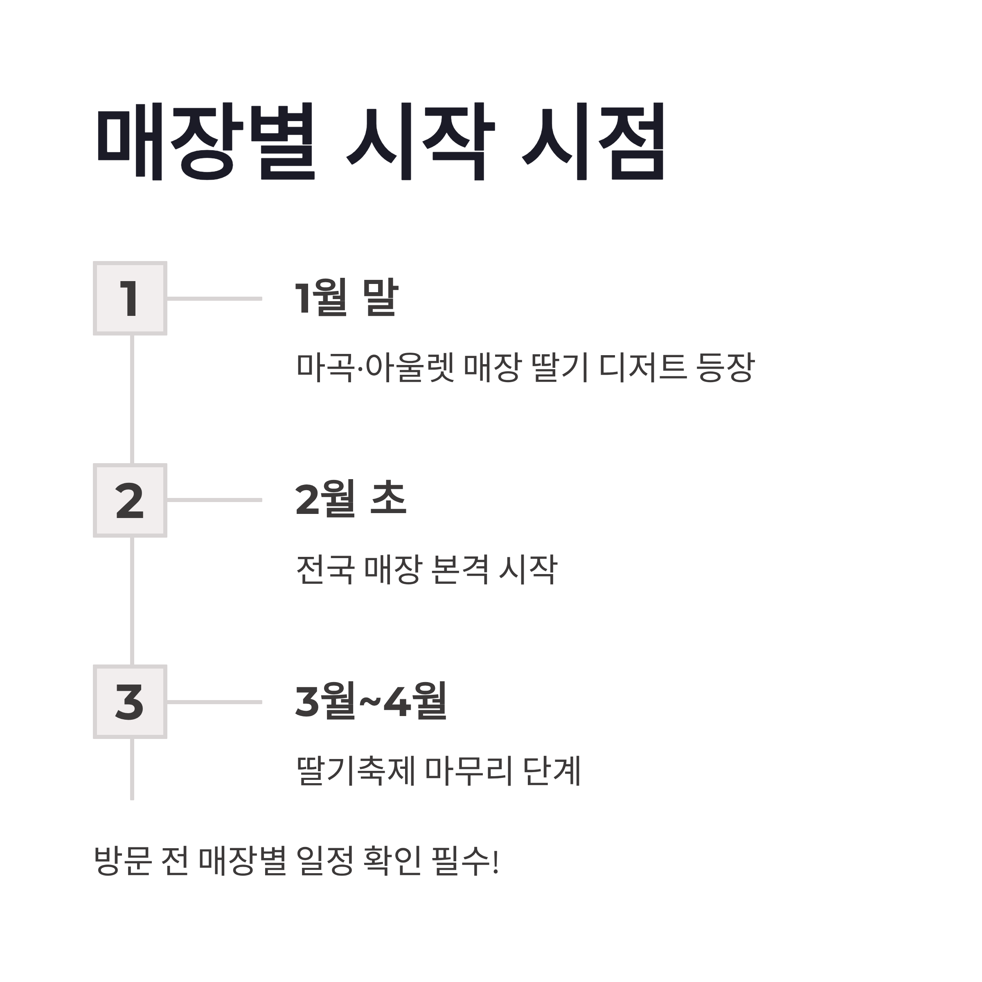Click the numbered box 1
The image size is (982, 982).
pyautogui.click(x=130, y=299)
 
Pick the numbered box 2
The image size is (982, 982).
pyautogui.click(x=130, y=501)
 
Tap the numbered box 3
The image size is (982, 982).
pyautogui.click(x=130, y=702)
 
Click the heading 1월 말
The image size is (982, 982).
pyautogui.click(x=347, y=297)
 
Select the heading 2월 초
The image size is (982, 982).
pyautogui.click(x=351, y=499)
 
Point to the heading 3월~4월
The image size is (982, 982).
pyautogui.click(x=371, y=701)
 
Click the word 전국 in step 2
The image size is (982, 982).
pyautogui.click(x=325, y=569)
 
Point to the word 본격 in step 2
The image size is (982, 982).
pyautogui.click(x=459, y=569)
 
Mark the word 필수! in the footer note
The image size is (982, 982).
pyautogui.click(x=465, y=861)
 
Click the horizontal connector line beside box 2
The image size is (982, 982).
pyautogui.click(x=214, y=500)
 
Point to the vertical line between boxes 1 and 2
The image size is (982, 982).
pyautogui.click(x=132, y=399)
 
